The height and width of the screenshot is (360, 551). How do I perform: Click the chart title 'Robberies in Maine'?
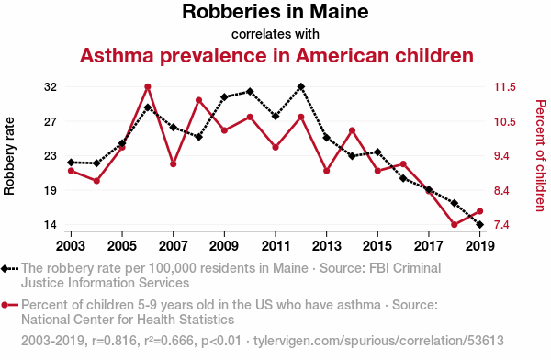pyautogui.click(x=275, y=11)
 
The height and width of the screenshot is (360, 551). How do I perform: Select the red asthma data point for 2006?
pyautogui.click(x=148, y=87)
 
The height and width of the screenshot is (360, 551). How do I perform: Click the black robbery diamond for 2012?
pyautogui.click(x=301, y=86)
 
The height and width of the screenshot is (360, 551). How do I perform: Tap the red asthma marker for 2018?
pyautogui.click(x=455, y=225)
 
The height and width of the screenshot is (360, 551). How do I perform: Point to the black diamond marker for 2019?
pyautogui.click(x=480, y=225)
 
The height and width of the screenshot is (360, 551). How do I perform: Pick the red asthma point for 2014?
pyautogui.click(x=352, y=130)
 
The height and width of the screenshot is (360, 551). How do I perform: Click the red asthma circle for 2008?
pyautogui.click(x=199, y=100)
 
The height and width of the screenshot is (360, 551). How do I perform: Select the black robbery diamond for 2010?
pyautogui.click(x=250, y=92)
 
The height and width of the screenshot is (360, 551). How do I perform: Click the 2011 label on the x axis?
pyautogui.click(x=275, y=246)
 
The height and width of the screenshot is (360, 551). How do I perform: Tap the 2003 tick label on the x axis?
pyautogui.click(x=71, y=246)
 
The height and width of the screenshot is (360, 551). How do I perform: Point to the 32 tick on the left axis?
pyautogui.click(x=51, y=87)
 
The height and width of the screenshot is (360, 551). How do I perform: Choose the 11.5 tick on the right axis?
pyautogui.click(x=505, y=87)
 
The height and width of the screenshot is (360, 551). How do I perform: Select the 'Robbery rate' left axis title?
pyautogui.click(x=9, y=156)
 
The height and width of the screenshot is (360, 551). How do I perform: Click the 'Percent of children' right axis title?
pyautogui.click(x=541, y=156)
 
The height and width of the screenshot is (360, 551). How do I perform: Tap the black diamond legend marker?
pyautogui.click(x=5, y=269)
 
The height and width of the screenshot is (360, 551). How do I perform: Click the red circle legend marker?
pyautogui.click(x=5, y=305)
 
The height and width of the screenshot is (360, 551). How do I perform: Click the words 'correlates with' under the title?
pyautogui.click(x=275, y=35)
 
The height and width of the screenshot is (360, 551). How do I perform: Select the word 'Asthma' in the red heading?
pyautogui.click(x=117, y=55)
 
